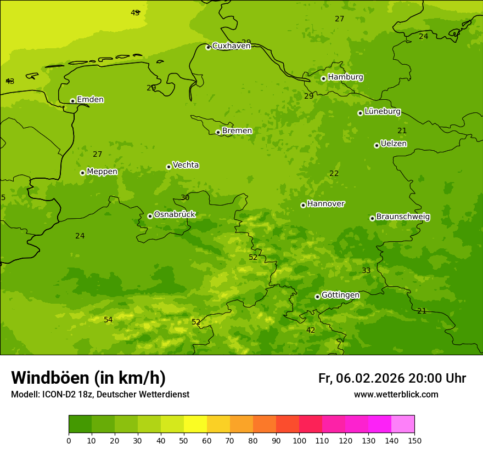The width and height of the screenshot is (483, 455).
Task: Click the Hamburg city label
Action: [345, 77]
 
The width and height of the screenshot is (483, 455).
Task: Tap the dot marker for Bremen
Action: [218, 132]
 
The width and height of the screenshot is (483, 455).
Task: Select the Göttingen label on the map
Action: [340, 295]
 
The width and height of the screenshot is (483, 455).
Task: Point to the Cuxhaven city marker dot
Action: [208, 47]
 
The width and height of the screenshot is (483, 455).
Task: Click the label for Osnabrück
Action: [175, 215]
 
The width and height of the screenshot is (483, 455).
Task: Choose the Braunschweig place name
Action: [403, 217]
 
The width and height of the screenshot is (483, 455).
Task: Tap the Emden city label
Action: [90, 100]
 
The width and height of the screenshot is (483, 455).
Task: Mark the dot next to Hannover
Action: [303, 205]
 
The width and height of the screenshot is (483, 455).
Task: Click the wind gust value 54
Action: [108, 320]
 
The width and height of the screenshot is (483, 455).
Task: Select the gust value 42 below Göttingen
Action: [311, 330]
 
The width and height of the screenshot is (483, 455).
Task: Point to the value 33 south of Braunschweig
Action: [366, 270]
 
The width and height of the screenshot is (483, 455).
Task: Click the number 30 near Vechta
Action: [185, 197]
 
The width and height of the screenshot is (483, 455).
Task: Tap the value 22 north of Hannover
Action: [334, 173]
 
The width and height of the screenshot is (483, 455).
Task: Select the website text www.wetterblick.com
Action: [396, 395]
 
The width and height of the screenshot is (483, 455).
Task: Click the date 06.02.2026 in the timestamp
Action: [370, 378]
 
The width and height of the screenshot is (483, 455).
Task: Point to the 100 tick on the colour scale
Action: [299, 440]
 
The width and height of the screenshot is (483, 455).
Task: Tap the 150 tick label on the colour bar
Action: [414, 440]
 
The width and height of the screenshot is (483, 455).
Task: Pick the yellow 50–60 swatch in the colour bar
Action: [195, 424]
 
